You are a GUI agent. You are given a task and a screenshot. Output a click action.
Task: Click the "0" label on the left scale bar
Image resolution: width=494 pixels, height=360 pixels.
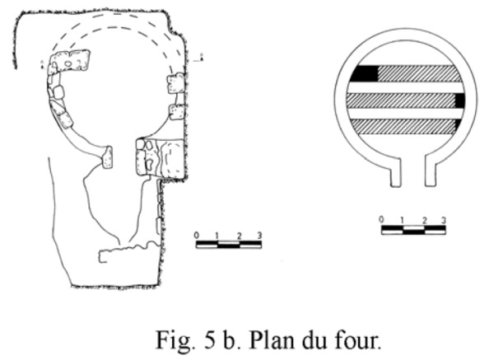pos(197,236)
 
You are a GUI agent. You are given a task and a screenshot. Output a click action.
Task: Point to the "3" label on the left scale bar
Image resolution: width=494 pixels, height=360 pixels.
pos(259,236)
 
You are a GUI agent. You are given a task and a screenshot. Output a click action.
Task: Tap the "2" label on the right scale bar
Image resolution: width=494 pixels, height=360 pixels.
pos(424,220)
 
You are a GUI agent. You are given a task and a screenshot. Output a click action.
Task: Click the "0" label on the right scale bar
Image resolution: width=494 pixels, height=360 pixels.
pos(381,220)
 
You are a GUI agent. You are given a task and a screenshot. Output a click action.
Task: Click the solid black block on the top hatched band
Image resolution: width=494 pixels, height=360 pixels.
pos(363,73)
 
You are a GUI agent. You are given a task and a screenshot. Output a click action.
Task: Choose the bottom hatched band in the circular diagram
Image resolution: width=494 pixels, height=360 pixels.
pos(403,127)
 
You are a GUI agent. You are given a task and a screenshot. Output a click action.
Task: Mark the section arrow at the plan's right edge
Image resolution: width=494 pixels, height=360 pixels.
pos(202,58)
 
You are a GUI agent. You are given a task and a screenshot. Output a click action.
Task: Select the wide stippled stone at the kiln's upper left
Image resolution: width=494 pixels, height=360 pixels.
pos(71,60)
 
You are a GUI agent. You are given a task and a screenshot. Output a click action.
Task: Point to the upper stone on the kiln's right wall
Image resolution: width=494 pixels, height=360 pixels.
pos(175,82)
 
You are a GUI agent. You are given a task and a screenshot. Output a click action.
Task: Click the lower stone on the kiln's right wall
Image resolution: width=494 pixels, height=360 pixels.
pos(175,110)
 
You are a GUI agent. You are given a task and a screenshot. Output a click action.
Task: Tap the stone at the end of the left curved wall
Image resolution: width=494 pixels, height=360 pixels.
pos(107,157)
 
